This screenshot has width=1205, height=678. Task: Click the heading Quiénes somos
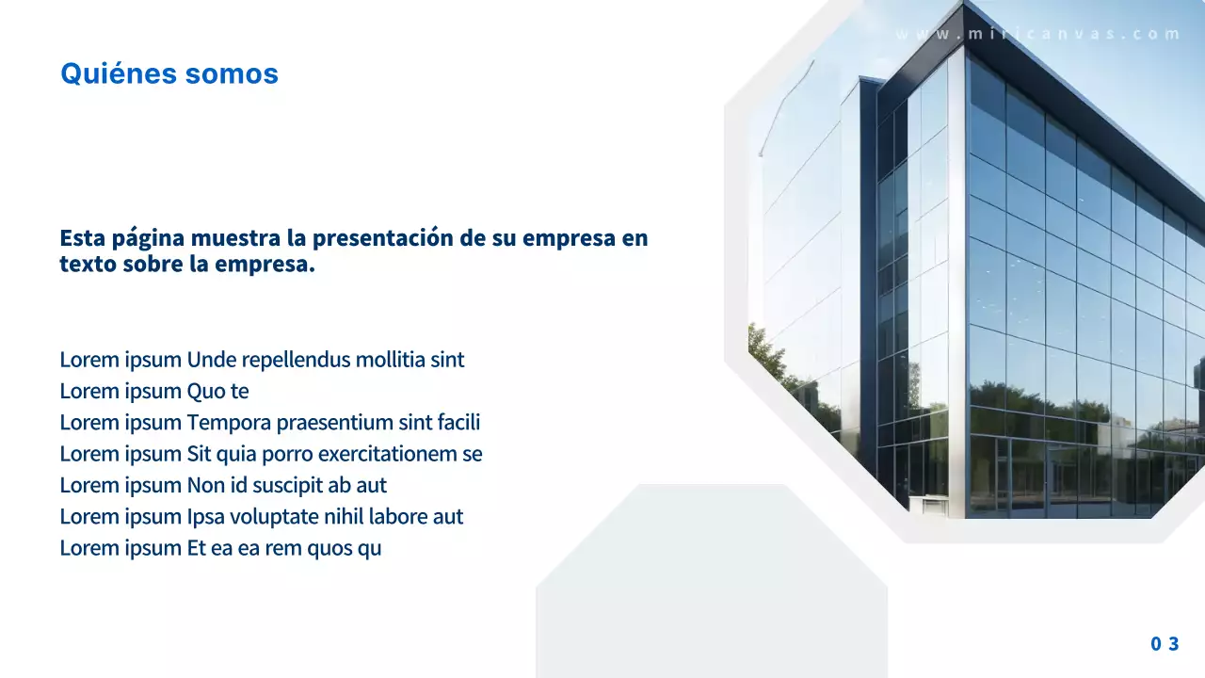169,73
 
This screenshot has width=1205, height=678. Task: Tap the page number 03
1165,644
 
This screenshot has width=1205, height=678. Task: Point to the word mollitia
390,360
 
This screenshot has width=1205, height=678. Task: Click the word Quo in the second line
205,391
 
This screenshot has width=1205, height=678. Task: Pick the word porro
288,454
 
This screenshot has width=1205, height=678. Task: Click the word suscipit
291,486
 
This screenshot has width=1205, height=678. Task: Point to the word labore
396,517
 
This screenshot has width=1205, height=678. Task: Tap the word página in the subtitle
150,238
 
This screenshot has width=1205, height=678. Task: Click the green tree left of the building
777,363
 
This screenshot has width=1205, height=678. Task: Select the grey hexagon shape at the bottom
711,584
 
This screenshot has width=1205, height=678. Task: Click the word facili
458,423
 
